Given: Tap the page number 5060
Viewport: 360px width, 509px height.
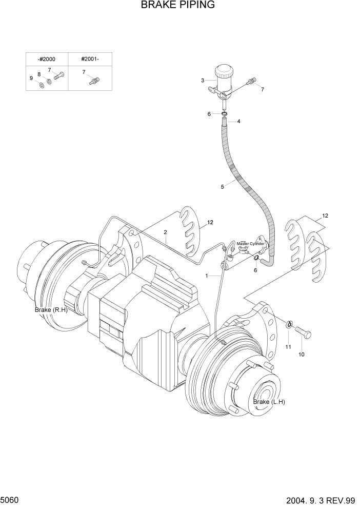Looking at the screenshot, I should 11,499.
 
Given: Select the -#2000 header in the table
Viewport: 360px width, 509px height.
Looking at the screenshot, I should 47,59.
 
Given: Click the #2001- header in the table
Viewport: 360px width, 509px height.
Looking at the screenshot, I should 90,59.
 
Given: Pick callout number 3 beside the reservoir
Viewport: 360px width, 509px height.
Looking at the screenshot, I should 203,81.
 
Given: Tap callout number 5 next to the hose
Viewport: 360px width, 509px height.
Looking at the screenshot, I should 222,187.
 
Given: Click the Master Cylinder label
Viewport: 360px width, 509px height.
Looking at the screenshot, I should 250,244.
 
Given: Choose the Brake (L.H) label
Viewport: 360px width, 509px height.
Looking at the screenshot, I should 269,402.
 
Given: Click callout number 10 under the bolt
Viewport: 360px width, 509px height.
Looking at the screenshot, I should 301,355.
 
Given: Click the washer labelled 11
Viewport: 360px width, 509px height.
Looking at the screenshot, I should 290,325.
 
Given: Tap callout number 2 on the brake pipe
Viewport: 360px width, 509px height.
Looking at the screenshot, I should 166,232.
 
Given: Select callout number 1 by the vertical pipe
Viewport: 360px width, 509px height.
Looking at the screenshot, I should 207,276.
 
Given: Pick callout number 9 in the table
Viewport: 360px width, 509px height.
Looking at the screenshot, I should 31,78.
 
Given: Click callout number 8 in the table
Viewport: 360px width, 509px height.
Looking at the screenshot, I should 39,74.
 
